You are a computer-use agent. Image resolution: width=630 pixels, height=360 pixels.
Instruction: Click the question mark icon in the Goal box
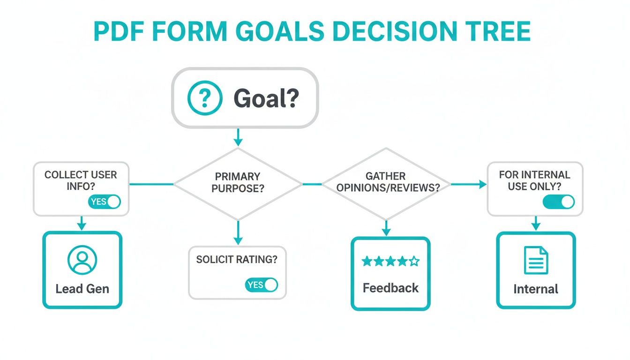click(x=204, y=98)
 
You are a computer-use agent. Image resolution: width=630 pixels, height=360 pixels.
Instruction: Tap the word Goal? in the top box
click(x=266, y=98)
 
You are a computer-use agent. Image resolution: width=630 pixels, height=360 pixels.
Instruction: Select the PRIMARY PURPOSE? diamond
click(x=238, y=184)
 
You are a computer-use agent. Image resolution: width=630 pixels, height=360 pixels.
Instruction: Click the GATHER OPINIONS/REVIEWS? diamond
click(x=386, y=184)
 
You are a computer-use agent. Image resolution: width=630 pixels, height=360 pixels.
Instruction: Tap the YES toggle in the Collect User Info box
click(x=104, y=202)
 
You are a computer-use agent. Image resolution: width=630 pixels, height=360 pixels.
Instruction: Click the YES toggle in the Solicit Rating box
click(x=261, y=285)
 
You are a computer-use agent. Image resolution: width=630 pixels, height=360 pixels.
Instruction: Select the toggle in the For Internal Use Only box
click(x=558, y=202)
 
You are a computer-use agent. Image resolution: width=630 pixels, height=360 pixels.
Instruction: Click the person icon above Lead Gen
click(x=82, y=260)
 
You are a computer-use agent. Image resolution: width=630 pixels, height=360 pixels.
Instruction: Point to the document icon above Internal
click(x=536, y=261)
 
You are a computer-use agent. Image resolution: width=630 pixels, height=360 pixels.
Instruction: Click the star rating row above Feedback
click(x=390, y=262)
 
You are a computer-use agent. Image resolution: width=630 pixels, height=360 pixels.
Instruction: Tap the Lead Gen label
click(x=82, y=289)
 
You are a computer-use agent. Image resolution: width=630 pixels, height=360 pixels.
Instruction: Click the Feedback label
click(x=390, y=288)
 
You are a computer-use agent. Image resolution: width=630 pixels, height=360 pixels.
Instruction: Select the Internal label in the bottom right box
click(x=536, y=289)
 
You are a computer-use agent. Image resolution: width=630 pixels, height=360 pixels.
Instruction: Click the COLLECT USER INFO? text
click(x=81, y=180)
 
